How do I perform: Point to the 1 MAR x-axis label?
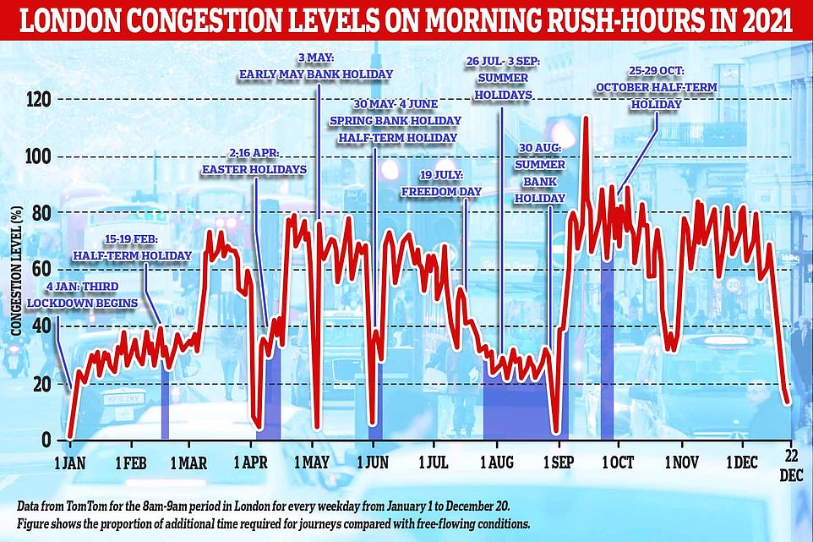[x=190, y=463]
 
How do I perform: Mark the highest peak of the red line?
[x=585, y=118]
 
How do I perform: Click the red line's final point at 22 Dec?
[x=788, y=403]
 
